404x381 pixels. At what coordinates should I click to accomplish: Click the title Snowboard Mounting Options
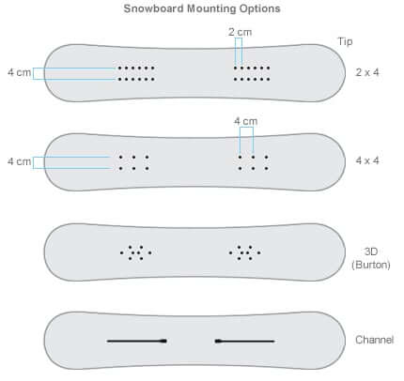point(202,8)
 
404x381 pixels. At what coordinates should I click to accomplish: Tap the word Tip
point(345,41)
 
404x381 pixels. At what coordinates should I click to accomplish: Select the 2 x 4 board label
point(367,72)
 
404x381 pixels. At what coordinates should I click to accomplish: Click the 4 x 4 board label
point(367,160)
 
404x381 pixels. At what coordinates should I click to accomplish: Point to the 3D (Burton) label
point(371,258)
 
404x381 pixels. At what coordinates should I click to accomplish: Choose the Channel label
point(375,340)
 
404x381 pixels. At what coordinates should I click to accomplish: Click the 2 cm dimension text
point(241,32)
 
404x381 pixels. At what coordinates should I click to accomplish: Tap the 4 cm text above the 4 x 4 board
point(246,121)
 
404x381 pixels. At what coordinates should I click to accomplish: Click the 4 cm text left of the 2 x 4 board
point(20,72)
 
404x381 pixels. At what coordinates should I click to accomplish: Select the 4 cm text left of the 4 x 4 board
point(20,161)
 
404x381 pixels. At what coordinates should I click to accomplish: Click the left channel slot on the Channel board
point(137,341)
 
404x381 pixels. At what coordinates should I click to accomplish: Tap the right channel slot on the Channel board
point(244,341)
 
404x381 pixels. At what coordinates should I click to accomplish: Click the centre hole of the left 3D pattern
point(135,252)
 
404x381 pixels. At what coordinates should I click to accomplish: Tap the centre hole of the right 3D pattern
point(245,252)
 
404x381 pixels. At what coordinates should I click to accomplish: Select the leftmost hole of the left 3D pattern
point(122,252)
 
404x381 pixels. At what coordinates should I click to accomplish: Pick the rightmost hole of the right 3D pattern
point(258,252)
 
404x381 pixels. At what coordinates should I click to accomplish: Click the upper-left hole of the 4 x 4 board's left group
point(121,157)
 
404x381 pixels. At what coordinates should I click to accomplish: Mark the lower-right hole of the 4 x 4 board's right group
point(266,169)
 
